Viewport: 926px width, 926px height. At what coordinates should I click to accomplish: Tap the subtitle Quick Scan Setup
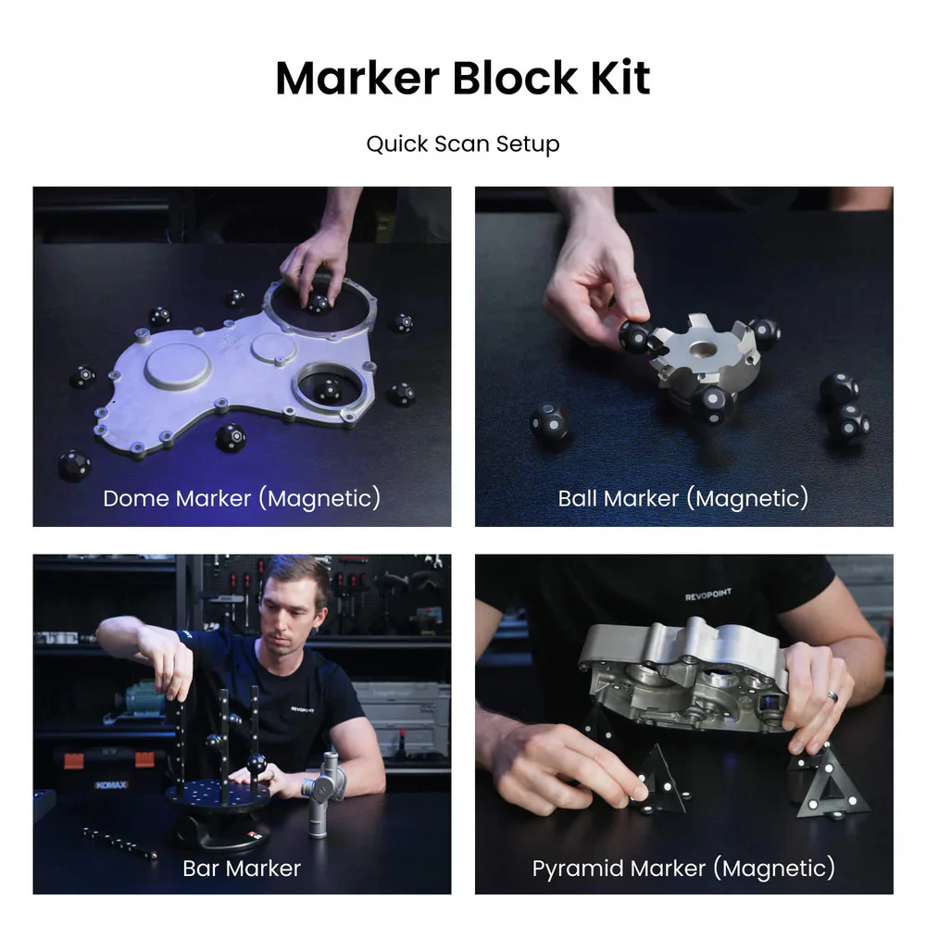click(x=462, y=144)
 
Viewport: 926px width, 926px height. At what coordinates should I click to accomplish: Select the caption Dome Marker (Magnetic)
click(x=242, y=498)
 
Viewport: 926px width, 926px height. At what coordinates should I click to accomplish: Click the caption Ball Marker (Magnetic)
click(x=682, y=498)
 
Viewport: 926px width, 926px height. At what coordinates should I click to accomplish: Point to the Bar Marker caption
click(x=242, y=868)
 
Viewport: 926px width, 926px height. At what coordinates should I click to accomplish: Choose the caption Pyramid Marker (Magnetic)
click(x=682, y=868)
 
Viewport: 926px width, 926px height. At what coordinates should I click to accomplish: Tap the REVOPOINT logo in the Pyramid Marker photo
click(x=709, y=596)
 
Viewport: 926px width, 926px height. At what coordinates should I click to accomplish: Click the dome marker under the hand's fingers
click(x=318, y=302)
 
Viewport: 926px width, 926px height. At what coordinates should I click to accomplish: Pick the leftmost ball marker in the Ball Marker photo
click(x=549, y=423)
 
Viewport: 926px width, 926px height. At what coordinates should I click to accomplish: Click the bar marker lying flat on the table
click(x=119, y=842)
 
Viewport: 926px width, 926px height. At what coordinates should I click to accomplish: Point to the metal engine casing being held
click(x=685, y=676)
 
